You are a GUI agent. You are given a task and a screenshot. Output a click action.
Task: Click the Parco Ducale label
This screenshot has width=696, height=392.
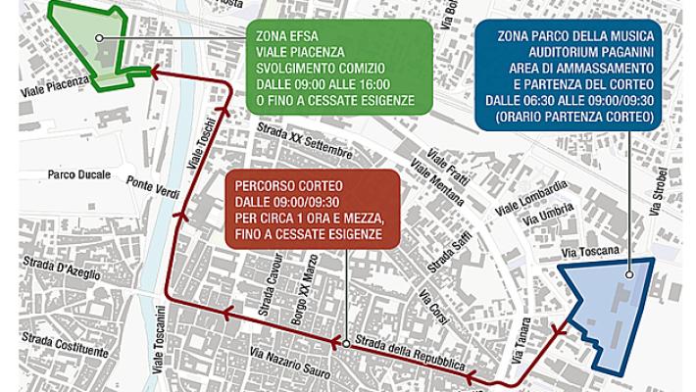[x=75, y=173]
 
